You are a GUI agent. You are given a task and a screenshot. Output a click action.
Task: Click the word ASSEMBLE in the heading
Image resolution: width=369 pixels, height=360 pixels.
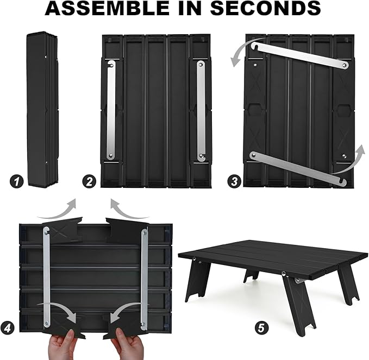click(107, 8)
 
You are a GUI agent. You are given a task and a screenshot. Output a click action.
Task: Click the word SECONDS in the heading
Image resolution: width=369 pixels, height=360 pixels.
click(265, 8)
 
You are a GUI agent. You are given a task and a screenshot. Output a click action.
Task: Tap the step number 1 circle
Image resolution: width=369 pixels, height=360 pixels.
click(17, 182)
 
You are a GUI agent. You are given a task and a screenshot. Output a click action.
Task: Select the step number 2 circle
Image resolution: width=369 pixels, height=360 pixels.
click(89, 182)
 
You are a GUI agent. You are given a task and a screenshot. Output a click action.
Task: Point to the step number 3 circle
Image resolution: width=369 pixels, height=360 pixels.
click(234, 181)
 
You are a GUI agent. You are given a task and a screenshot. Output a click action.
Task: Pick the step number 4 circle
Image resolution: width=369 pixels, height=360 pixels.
click(7, 327)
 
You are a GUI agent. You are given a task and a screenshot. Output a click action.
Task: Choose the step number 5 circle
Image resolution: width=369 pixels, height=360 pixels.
click(261, 327)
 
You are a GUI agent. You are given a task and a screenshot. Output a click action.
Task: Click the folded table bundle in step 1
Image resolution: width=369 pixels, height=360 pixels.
click(42, 109)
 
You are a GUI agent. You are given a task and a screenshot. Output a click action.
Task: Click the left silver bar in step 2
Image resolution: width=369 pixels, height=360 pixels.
click(111, 110)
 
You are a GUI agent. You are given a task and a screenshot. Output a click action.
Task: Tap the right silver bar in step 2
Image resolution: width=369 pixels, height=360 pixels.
click(201, 111)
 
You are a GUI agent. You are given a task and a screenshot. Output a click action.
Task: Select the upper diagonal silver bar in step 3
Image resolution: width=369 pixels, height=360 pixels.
click(300, 55)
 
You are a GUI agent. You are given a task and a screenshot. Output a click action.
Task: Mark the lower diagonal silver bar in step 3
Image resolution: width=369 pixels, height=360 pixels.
click(298, 168)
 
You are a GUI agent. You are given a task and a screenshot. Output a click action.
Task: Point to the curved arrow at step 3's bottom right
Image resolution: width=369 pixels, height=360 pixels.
click(352, 162)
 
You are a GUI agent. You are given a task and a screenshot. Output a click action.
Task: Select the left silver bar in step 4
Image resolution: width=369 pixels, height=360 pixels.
click(46, 277)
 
